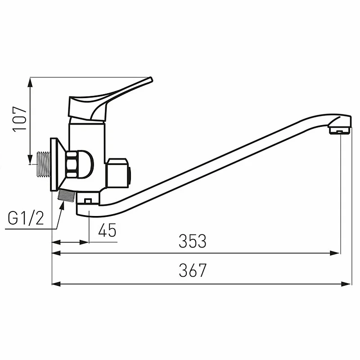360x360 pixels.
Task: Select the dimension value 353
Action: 193,241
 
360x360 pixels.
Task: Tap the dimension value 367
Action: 193,270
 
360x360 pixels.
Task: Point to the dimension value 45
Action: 107,230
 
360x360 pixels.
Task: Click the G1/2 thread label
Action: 26,219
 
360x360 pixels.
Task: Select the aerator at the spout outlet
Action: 340,131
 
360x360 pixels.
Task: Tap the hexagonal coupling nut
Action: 72,164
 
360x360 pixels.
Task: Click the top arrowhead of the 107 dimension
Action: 31,81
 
